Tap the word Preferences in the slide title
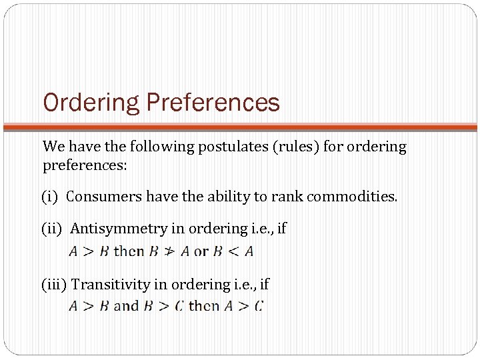click(x=213, y=103)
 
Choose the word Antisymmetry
click(x=119, y=229)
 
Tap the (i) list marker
click(x=49, y=197)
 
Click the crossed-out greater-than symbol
click(x=170, y=252)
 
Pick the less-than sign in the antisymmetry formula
click(x=231, y=252)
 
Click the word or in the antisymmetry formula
click(x=201, y=252)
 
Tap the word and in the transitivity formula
click(x=126, y=307)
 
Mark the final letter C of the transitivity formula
click(x=259, y=307)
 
